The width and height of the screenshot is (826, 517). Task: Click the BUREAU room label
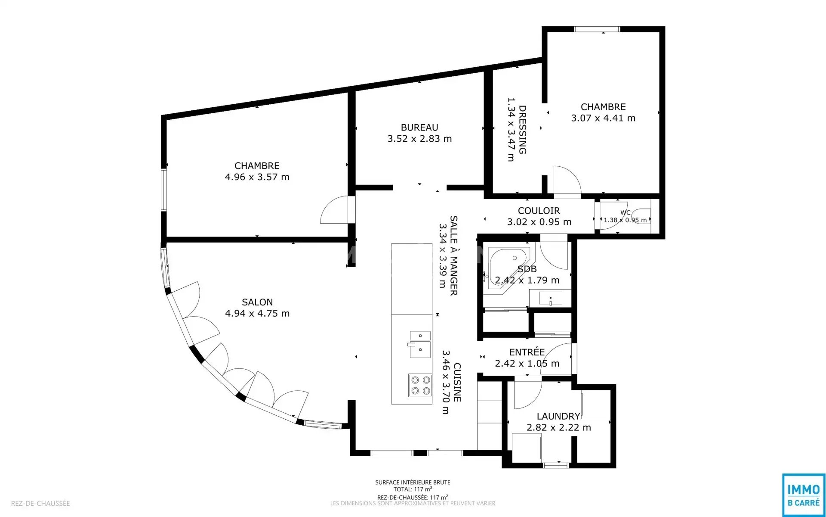pos(419,128)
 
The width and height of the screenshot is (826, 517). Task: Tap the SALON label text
pos(257,302)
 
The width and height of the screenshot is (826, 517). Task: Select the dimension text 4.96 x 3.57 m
pos(257,177)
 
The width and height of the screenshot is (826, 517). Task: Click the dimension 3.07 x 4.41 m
pos(603,118)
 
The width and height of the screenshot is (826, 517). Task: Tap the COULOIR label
pos(539,211)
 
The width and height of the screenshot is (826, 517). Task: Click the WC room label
pos(625,213)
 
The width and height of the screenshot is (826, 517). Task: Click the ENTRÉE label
pos(527,352)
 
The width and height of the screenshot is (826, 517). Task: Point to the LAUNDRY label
pos(558,417)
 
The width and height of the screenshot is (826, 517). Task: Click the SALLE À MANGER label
pos(453,255)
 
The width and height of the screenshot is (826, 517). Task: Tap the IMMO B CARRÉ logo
pos(804,495)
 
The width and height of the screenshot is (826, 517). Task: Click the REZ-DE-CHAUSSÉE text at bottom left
pos(40,503)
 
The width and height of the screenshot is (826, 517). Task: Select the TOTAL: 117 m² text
pos(413,489)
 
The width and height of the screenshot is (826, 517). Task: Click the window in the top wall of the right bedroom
pos(597,29)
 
